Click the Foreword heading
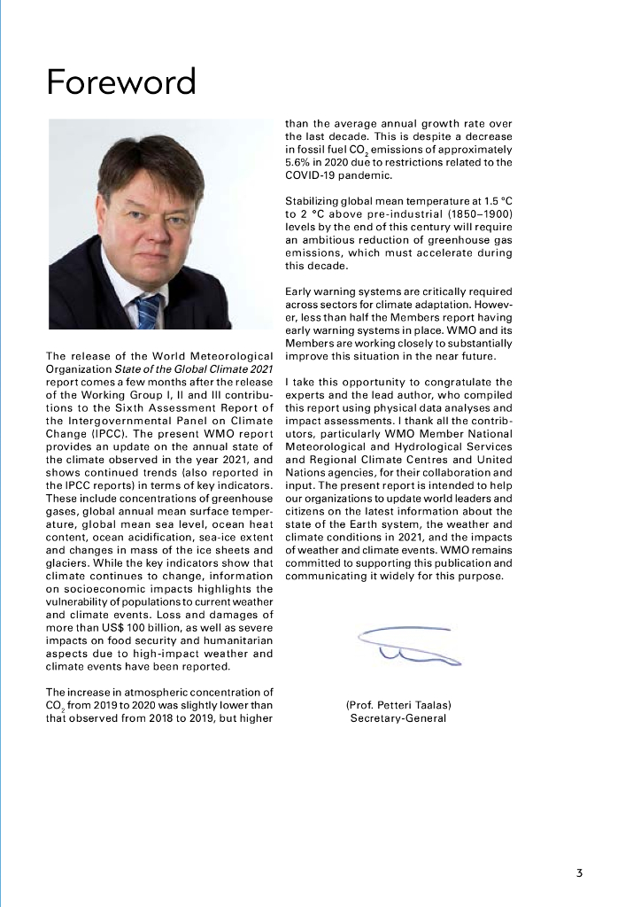121,82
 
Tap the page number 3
579,872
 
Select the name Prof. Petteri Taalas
398,705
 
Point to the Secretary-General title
398,718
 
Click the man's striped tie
147,311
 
